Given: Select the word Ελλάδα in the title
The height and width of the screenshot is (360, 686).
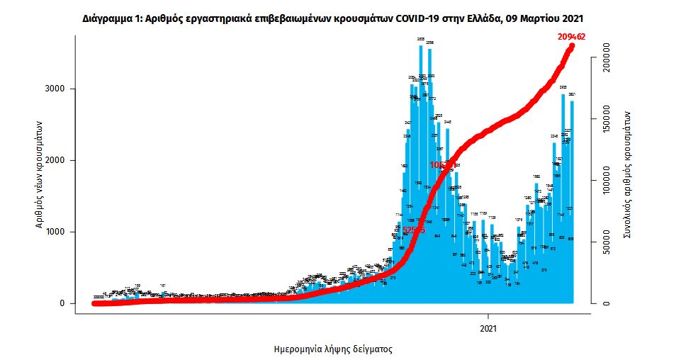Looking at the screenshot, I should pos(477,16).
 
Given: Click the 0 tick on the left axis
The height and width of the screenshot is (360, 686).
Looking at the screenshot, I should pos(62,303).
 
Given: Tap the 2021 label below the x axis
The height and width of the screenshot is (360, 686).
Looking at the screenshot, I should pos(488,329).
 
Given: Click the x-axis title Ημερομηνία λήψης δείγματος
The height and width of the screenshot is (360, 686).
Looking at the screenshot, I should pos(333,349).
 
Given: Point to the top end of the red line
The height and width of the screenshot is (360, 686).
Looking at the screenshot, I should pos(573,47).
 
